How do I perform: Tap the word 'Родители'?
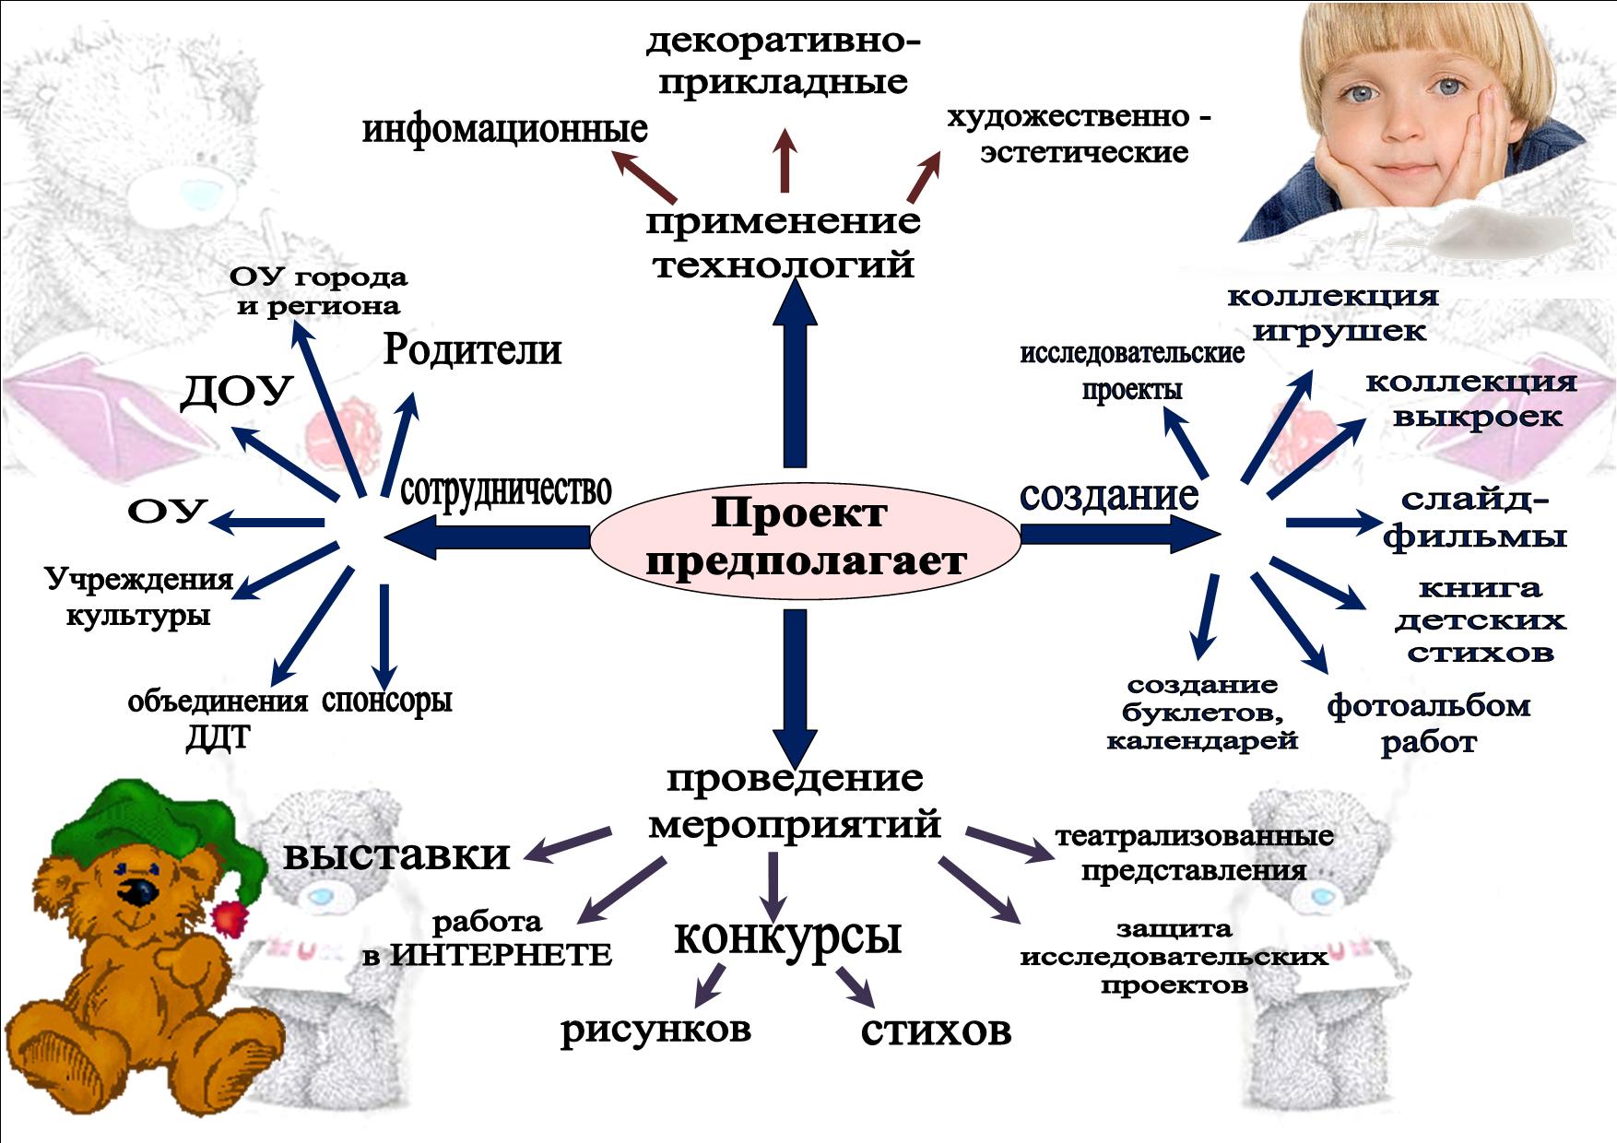click(472, 350)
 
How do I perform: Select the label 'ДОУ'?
click(236, 392)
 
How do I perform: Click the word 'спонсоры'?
click(387, 701)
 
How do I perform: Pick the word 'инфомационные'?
click(504, 129)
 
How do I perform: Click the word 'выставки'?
click(396, 854)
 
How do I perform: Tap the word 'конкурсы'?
click(787, 937)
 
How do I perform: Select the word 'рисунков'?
click(655, 1030)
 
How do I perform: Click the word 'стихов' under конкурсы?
click(936, 1031)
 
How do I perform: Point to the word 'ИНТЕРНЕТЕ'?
click(501, 956)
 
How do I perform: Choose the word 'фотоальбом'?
click(1428, 707)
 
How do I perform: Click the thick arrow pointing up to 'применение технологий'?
click(795, 378)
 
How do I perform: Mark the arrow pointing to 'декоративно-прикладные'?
click(785, 161)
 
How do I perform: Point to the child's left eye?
click(1449, 87)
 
